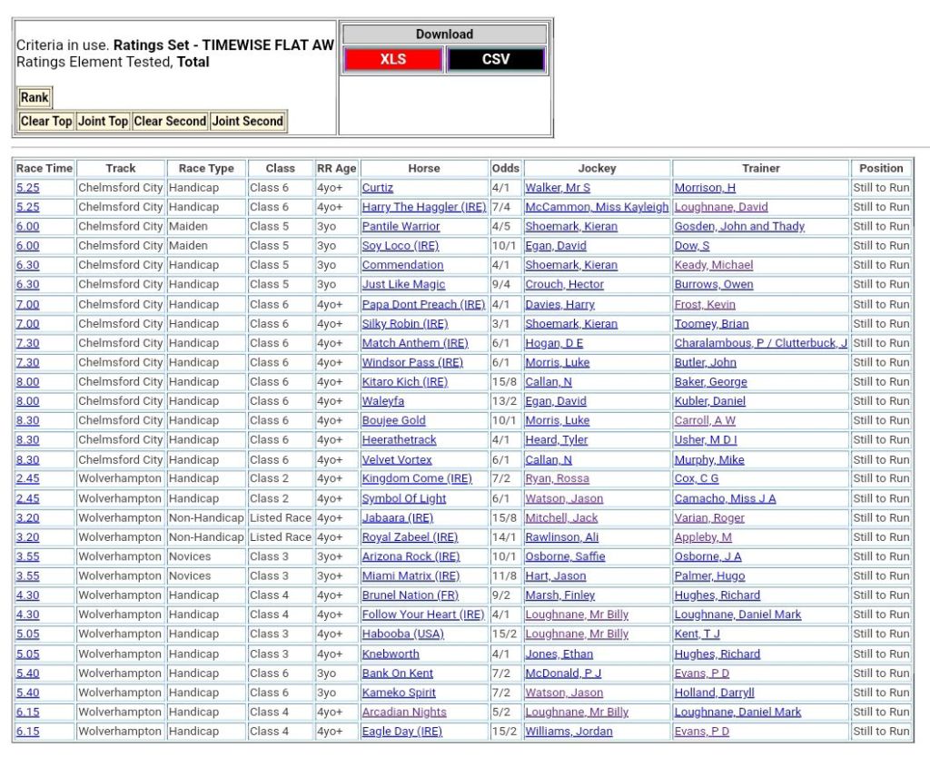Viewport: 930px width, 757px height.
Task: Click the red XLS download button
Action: pyautogui.click(x=393, y=59)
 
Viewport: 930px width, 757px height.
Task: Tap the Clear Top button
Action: pyautogui.click(x=46, y=121)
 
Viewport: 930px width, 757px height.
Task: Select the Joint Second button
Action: pyautogui.click(x=248, y=121)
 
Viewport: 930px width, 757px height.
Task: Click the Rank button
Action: pyautogui.click(x=35, y=97)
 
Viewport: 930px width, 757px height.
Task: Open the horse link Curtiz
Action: pyautogui.click(x=377, y=188)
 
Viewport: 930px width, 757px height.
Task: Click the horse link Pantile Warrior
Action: pyautogui.click(x=401, y=226)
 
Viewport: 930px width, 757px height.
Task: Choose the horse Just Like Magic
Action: pyautogui.click(x=403, y=284)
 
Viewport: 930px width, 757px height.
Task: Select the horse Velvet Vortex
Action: pyautogui.click(x=397, y=459)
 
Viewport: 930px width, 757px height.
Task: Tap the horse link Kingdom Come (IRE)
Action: pyautogui.click(x=417, y=478)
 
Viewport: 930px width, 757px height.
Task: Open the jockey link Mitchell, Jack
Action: pyautogui.click(x=561, y=517)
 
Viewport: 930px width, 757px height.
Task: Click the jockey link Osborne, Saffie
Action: pyautogui.click(x=565, y=556)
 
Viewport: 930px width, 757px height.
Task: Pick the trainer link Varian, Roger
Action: pyautogui.click(x=709, y=517)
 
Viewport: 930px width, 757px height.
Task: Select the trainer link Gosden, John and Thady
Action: pyautogui.click(x=739, y=226)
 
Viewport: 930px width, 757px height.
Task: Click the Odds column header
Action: pyautogui.click(x=506, y=168)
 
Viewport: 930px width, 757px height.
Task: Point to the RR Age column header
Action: pyautogui.click(x=336, y=168)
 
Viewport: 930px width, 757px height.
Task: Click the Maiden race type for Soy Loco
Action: pyautogui.click(x=188, y=246)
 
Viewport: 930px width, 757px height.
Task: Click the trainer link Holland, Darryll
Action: pyautogui.click(x=714, y=693)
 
